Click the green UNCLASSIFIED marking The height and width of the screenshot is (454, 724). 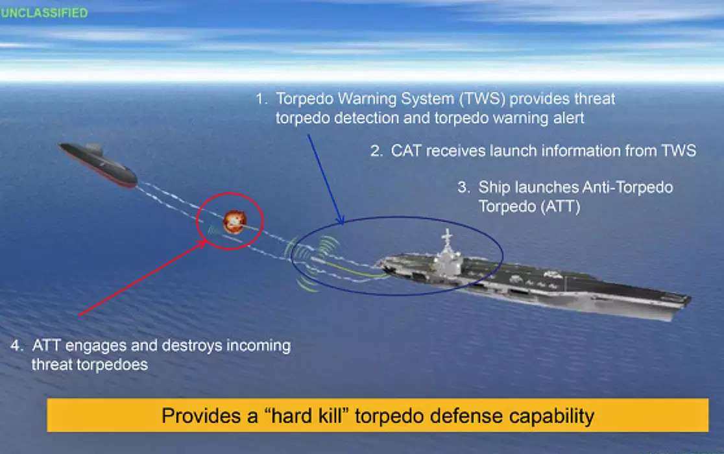click(44, 12)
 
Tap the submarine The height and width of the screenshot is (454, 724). click(98, 165)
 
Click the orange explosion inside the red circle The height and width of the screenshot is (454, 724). click(234, 221)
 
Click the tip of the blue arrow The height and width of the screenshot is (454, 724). click(342, 224)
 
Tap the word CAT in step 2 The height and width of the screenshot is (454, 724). click(406, 151)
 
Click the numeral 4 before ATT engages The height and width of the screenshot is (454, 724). click(16, 345)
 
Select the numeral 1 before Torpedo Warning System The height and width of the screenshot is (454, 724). click(261, 99)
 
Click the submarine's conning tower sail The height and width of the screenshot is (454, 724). click(94, 149)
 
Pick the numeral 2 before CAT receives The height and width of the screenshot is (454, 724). click(376, 151)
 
